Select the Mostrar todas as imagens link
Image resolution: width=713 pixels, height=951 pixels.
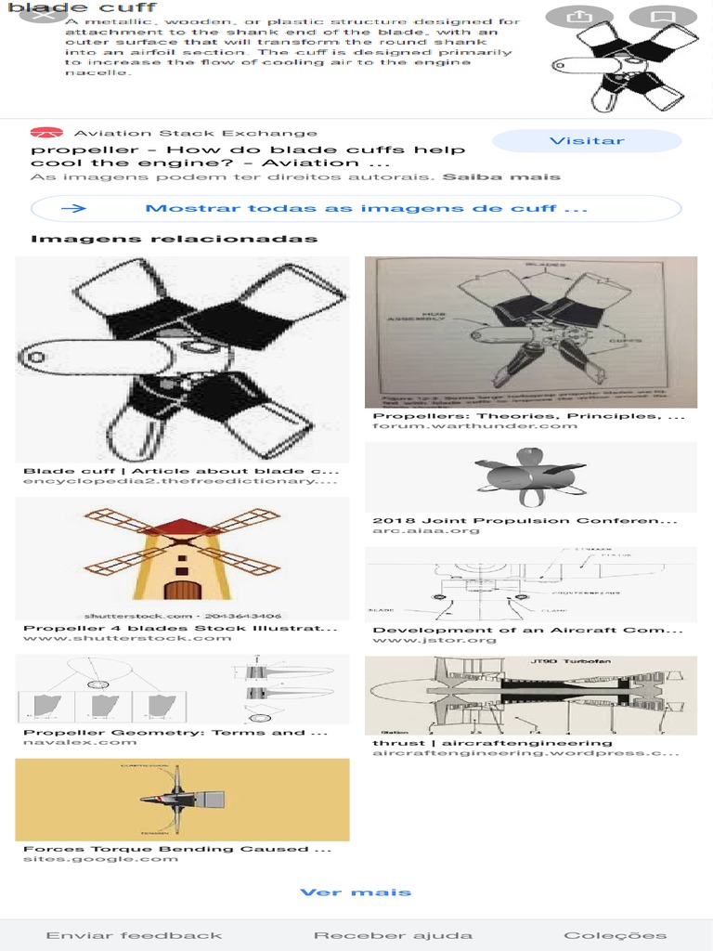[x=356, y=208]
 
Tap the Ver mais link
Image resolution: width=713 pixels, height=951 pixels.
[x=356, y=892]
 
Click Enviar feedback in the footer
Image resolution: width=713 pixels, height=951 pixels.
[x=134, y=935]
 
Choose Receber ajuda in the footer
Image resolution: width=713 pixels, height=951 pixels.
[x=393, y=935]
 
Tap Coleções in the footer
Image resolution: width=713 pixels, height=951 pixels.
[x=615, y=935]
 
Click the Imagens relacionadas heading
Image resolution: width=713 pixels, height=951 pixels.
[x=174, y=239]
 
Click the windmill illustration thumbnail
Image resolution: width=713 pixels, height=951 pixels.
[x=182, y=558]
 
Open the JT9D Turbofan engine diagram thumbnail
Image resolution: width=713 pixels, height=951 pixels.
[x=530, y=695]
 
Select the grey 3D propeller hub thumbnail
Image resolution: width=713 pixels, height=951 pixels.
[x=530, y=476]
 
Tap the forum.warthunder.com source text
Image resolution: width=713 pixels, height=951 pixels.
[x=474, y=425]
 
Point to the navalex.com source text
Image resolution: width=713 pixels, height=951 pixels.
[x=80, y=742]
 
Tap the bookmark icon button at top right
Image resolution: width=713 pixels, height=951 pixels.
[x=662, y=17]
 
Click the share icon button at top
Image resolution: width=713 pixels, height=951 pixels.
[x=580, y=17]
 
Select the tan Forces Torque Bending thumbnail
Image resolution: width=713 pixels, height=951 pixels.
[x=182, y=800]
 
